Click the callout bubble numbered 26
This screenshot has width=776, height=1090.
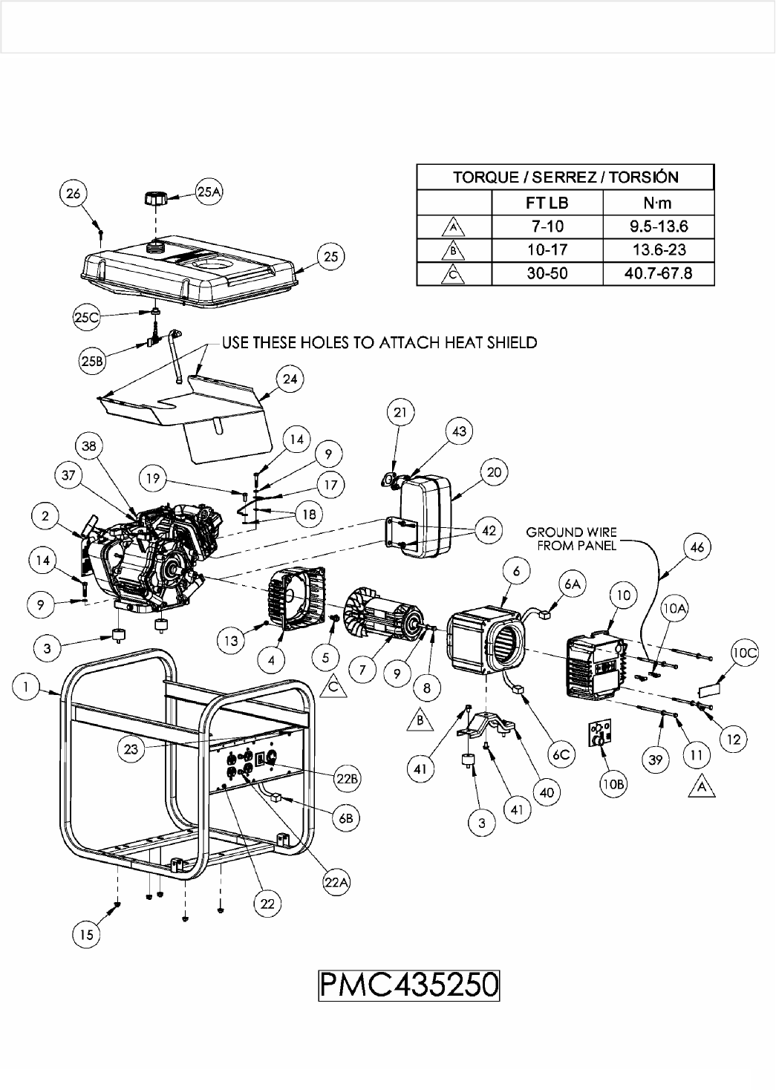[73, 195]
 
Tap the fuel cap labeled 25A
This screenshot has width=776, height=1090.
[155, 200]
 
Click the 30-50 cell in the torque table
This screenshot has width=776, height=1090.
[547, 273]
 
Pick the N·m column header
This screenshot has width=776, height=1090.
[658, 202]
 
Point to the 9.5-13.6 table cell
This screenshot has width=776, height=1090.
[658, 226]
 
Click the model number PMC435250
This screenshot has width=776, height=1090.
[408, 985]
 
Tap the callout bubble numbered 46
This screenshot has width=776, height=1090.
[698, 549]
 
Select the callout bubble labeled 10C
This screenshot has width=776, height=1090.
[744, 653]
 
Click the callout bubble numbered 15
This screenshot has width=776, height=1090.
[87, 934]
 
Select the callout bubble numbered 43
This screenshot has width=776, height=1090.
[460, 432]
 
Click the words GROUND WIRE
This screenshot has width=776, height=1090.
[571, 532]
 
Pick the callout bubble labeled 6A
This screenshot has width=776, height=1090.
[572, 585]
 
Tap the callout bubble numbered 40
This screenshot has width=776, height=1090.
[546, 792]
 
